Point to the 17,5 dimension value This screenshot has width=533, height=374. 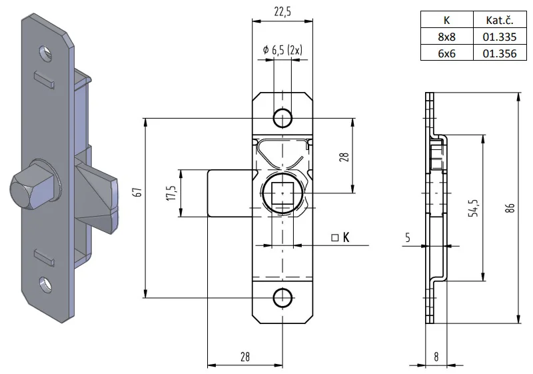click(171, 193)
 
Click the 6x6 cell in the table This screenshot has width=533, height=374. click(446, 53)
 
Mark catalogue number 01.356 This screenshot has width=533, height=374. click(498, 53)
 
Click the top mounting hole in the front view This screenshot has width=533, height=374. click(282, 118)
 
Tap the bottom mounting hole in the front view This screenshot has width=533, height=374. click(282, 298)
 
